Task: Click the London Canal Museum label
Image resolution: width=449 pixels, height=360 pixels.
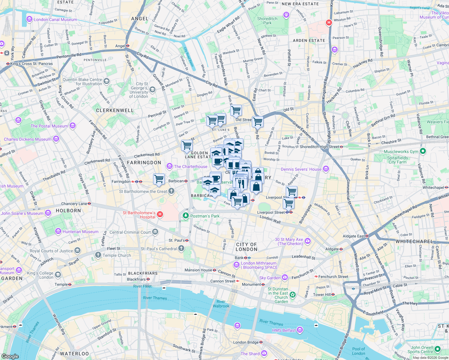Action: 55,19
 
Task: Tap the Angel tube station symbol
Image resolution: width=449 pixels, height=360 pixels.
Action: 128,46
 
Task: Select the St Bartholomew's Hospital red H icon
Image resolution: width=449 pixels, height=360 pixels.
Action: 160,214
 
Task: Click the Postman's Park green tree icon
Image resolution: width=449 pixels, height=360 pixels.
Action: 185,216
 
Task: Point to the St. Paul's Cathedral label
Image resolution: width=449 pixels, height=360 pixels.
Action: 159,249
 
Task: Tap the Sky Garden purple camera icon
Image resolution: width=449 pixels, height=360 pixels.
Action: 285,277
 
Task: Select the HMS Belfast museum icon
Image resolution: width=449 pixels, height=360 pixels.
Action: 300,330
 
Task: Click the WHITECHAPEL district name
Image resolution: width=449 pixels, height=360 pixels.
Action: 414,241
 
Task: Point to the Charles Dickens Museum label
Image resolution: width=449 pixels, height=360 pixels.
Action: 28,139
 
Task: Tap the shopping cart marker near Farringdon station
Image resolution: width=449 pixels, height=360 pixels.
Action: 159,179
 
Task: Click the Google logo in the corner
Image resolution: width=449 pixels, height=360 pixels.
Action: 10,356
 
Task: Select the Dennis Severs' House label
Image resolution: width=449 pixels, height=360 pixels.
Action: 301,169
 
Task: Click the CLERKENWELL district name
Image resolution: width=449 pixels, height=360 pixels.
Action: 115,110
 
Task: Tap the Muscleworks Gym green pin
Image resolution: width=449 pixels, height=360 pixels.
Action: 423,151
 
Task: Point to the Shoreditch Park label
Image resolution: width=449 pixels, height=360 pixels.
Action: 267,21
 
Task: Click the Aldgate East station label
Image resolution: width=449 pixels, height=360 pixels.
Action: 354,236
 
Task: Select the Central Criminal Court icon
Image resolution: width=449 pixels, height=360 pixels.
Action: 155,232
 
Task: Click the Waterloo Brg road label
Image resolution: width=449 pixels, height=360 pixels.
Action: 59,324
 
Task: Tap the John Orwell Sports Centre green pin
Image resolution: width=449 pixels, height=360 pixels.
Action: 437,349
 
